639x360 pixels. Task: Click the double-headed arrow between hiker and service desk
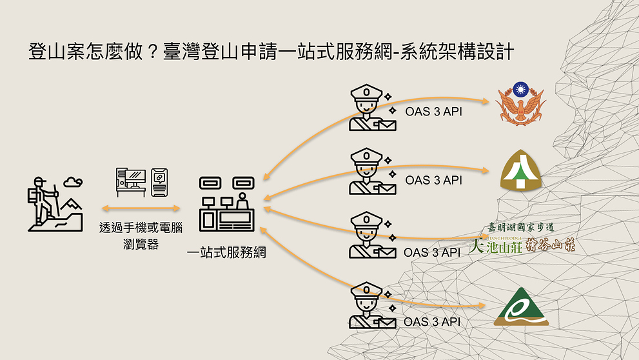click(x=141, y=208)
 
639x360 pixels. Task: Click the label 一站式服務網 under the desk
click(x=226, y=252)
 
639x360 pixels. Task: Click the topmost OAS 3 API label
click(x=434, y=111)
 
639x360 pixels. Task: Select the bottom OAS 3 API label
click(x=433, y=321)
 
